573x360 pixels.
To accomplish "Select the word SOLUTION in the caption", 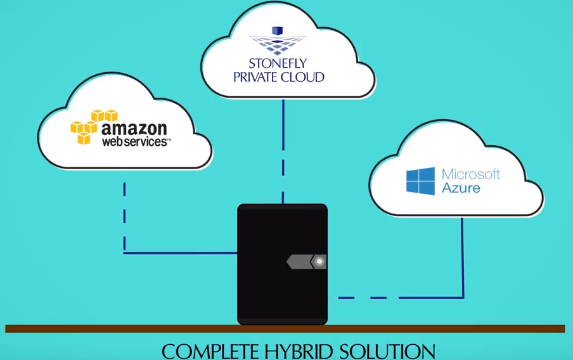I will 387,350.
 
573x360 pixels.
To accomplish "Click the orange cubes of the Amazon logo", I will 93,126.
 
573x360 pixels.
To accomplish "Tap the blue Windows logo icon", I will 420,181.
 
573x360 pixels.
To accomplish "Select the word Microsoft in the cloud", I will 471,174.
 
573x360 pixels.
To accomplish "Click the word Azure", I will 461,188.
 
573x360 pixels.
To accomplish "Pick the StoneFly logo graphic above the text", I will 277,41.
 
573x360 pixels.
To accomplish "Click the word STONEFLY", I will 278,64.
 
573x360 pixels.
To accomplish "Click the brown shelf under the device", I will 127,328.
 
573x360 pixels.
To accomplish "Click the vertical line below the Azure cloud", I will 462,254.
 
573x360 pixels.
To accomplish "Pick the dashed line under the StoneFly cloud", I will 283,152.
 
